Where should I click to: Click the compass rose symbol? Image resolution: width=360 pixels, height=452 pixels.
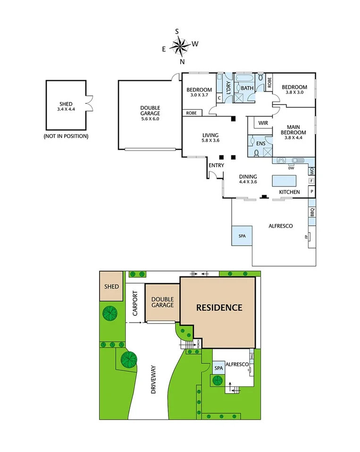(179, 46)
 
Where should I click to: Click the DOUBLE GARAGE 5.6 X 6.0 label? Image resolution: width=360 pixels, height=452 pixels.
(150, 113)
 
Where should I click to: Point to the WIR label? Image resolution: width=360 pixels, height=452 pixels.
(263, 123)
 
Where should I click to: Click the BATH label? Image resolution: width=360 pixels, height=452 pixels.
(247, 88)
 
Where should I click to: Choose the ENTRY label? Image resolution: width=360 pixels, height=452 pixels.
(216, 165)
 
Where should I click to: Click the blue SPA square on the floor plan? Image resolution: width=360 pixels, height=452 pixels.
(242, 236)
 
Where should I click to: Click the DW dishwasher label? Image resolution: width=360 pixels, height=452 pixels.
(291, 168)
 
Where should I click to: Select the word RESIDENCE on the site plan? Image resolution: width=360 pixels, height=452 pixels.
(219, 307)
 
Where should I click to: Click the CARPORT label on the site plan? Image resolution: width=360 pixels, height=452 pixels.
(136, 302)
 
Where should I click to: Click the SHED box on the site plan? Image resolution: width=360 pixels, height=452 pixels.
(111, 287)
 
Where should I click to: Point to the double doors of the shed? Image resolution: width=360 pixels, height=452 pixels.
(89, 103)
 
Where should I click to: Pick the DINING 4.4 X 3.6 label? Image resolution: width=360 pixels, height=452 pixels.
(248, 179)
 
